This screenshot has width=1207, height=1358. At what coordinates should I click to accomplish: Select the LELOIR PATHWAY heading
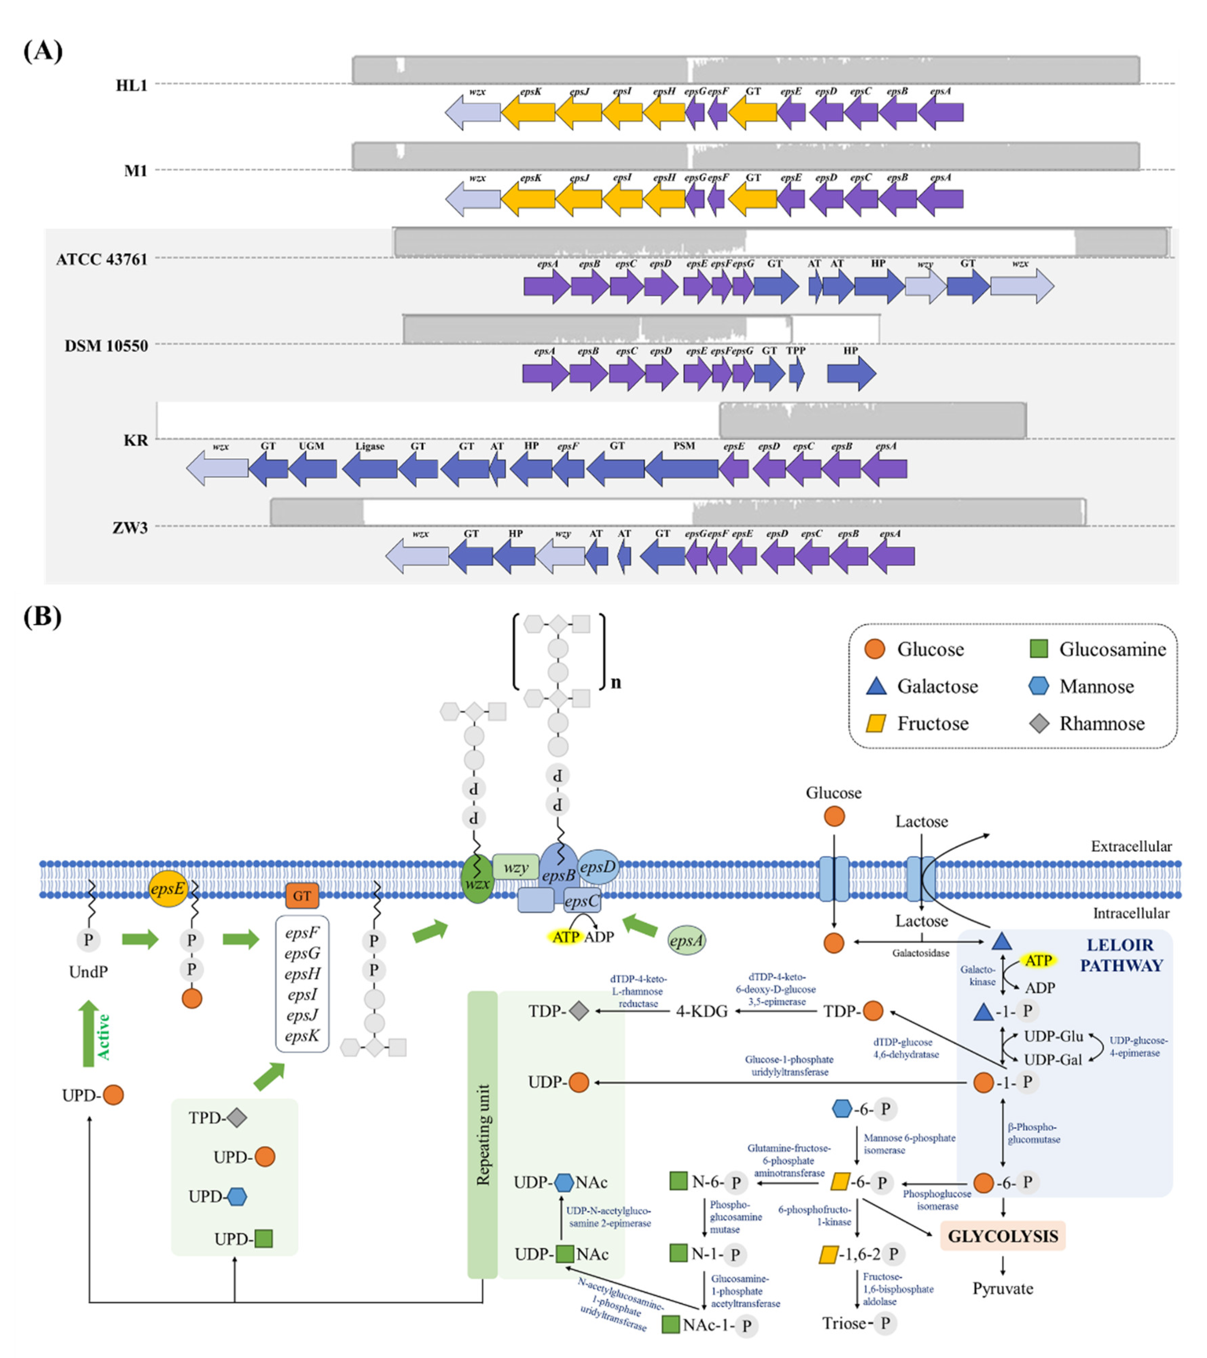1121,955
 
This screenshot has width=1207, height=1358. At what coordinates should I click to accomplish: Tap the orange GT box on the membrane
302,896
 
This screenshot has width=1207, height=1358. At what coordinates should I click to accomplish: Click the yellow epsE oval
167,888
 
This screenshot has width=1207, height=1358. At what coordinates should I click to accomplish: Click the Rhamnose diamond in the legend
1039,724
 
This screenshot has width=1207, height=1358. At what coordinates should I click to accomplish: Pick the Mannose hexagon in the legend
1039,686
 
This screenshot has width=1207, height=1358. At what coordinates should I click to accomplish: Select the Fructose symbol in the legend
876,724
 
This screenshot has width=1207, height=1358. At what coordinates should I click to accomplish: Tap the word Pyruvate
1002,1288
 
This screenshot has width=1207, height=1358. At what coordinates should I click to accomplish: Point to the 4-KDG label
701,1011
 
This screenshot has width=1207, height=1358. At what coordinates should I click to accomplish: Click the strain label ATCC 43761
101,259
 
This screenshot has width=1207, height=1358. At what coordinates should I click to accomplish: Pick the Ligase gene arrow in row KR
369,468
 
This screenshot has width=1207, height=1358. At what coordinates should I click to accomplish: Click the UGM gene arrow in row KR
312,468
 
